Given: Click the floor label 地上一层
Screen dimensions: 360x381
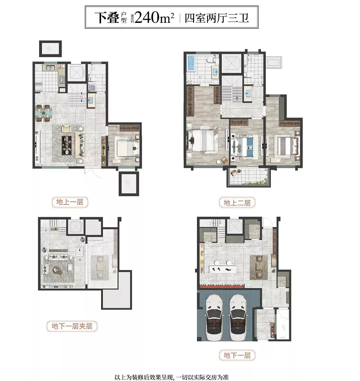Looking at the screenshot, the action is click(x=70, y=202).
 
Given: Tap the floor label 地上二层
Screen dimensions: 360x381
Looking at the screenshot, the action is click(x=237, y=203).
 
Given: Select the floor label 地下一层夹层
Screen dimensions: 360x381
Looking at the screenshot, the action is click(x=72, y=326).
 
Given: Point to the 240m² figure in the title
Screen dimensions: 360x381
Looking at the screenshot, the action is click(x=154, y=17).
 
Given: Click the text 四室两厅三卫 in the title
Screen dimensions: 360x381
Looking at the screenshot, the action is click(x=217, y=18).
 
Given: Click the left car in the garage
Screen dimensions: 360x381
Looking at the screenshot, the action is click(x=214, y=318).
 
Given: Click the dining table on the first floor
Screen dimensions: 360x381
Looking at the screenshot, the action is click(x=43, y=113).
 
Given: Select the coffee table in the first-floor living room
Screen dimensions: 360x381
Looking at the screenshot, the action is click(x=67, y=145).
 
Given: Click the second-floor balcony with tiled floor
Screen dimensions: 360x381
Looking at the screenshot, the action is click(x=248, y=177).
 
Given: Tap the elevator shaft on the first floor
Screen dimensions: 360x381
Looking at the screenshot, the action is click(x=76, y=72).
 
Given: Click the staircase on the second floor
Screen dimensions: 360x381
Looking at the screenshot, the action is click(x=232, y=89).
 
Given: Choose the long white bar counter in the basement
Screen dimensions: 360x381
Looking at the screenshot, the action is click(x=223, y=269).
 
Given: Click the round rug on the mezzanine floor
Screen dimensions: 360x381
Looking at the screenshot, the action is click(x=58, y=270).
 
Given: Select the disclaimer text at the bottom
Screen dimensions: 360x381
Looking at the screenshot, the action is click(x=172, y=377).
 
